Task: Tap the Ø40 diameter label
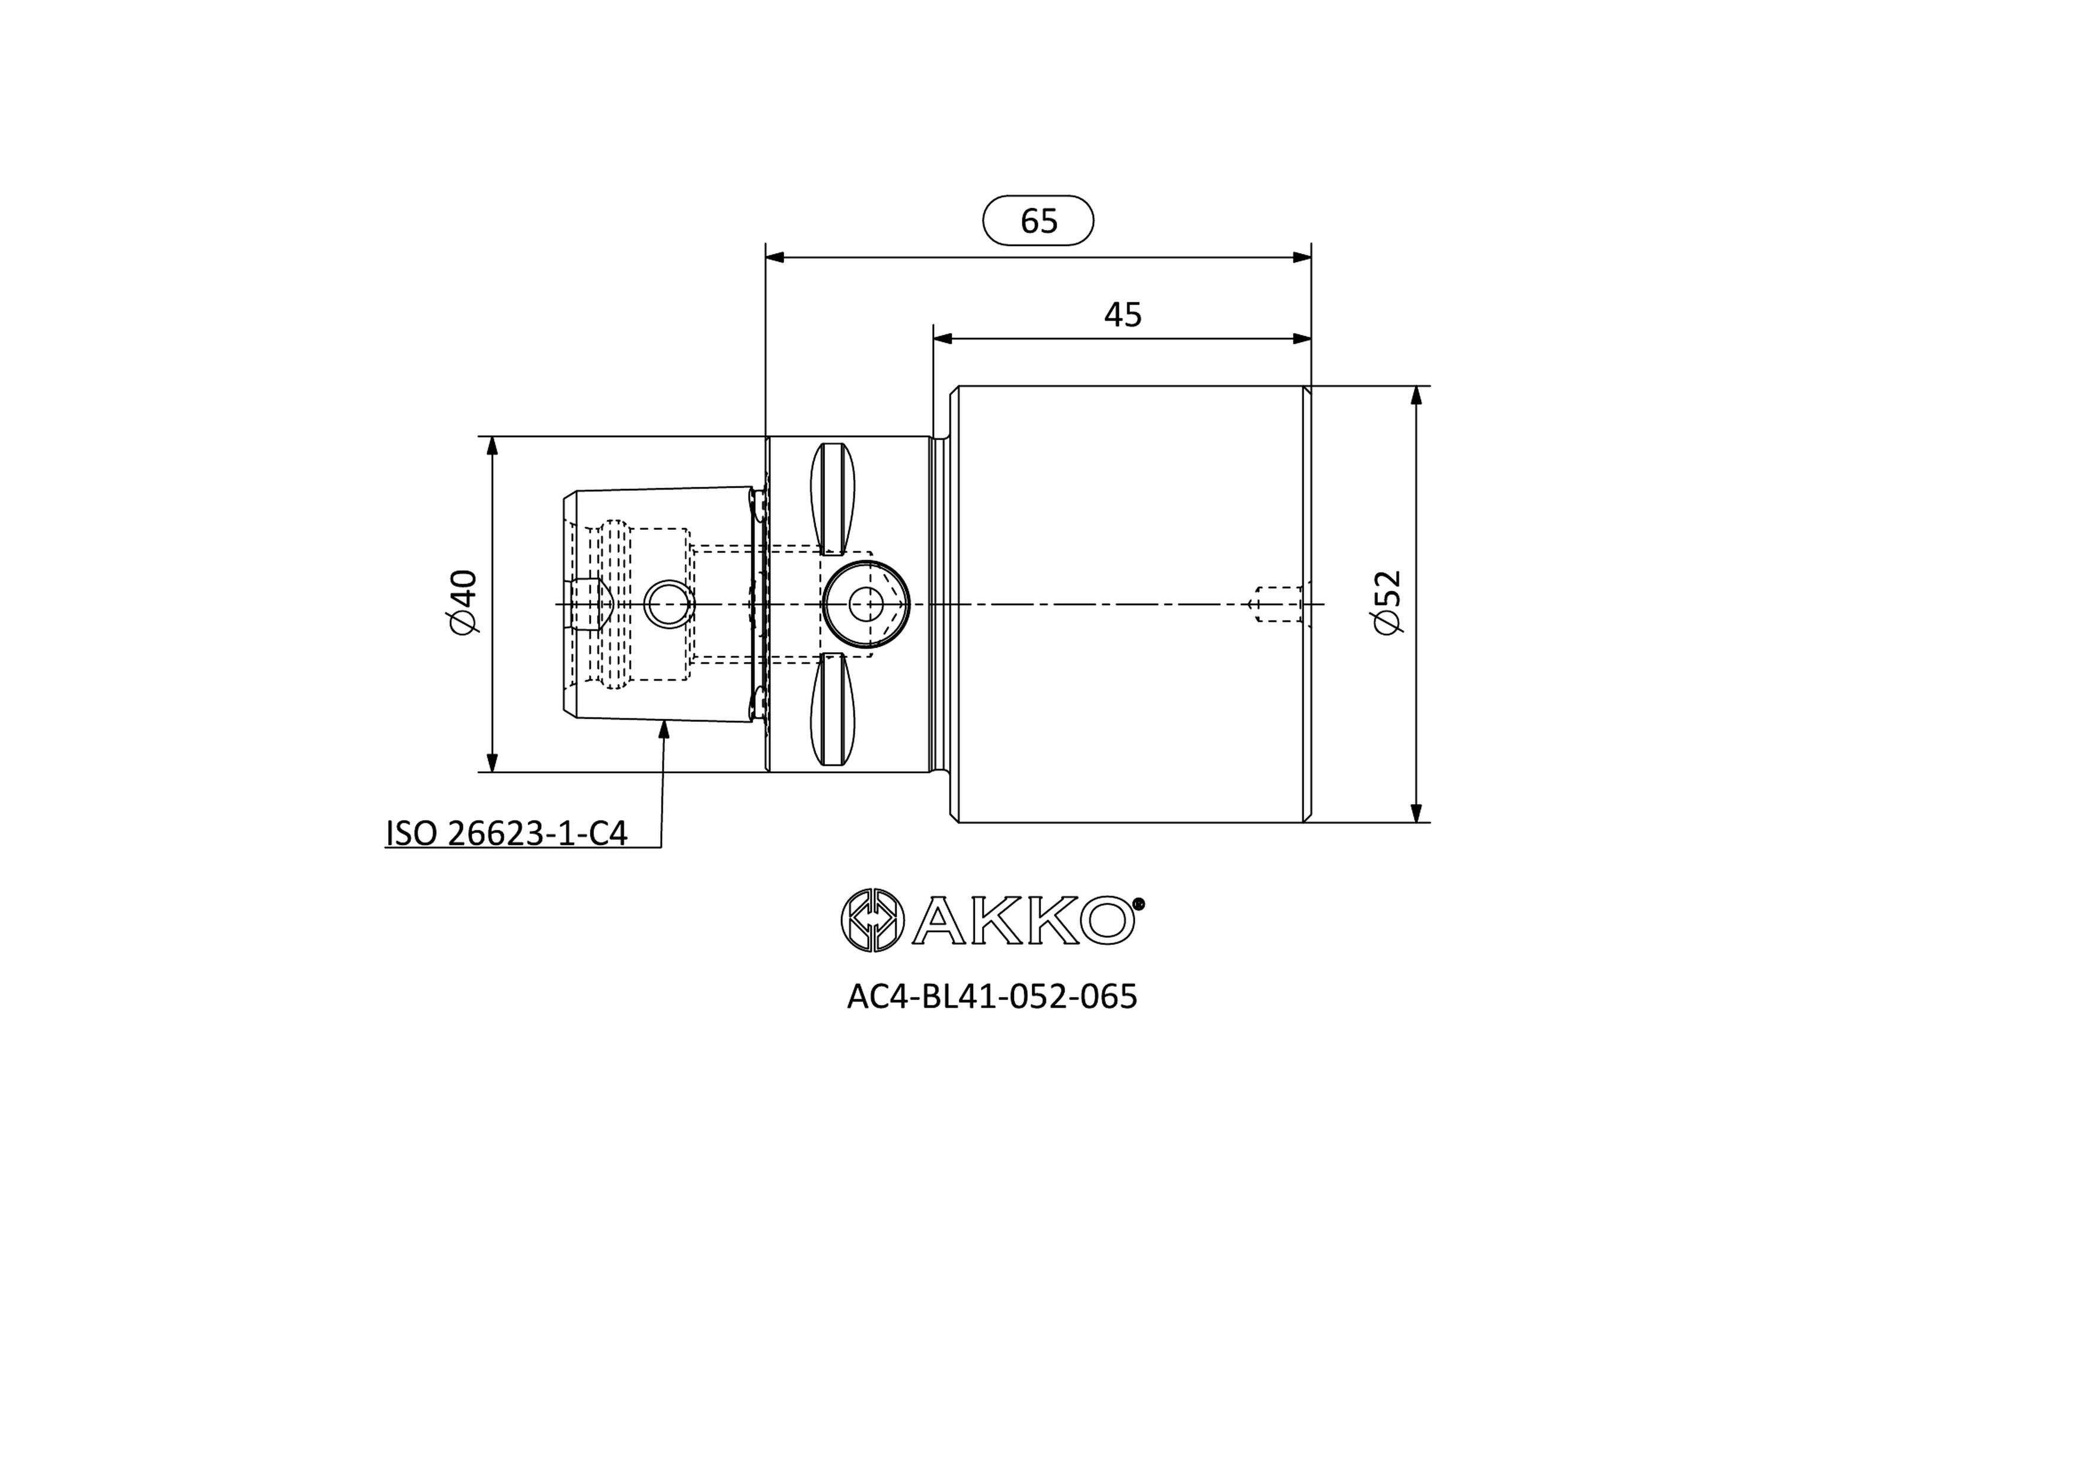click(463, 602)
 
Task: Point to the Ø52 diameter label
click(1387, 602)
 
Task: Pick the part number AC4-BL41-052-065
click(991, 996)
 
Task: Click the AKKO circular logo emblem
click(872, 920)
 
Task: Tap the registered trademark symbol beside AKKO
click(1139, 903)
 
